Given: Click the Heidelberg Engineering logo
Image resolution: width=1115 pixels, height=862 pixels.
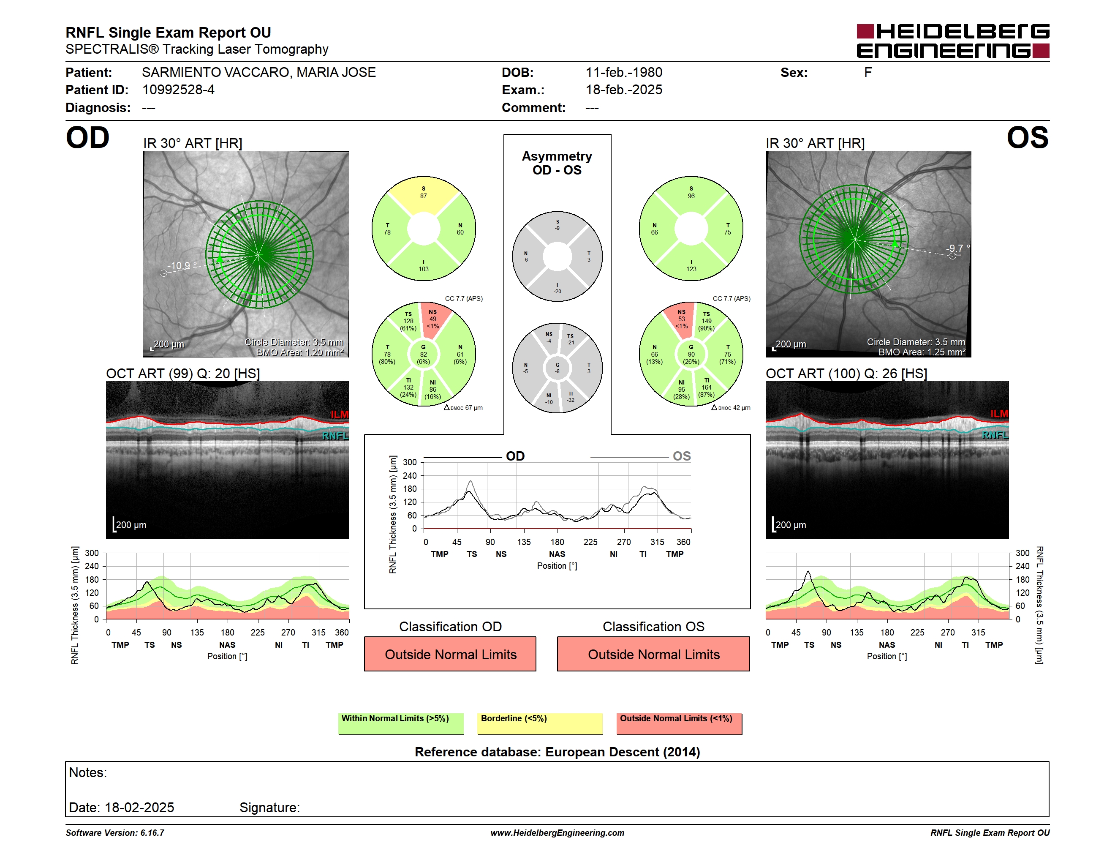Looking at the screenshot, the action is click(x=953, y=41).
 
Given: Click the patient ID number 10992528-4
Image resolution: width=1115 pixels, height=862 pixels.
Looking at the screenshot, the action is click(x=178, y=90).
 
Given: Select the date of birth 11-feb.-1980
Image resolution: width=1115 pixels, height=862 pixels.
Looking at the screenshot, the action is click(x=624, y=73).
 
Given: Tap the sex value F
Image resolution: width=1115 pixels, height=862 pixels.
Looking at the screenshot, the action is click(x=868, y=73).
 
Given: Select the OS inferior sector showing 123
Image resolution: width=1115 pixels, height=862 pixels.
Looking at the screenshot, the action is click(x=691, y=265).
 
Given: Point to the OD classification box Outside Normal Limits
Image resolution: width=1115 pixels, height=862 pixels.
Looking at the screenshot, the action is click(x=450, y=654).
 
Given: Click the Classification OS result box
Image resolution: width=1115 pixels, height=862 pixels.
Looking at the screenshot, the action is click(x=653, y=654).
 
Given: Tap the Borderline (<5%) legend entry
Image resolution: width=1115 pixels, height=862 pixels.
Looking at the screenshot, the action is click(x=540, y=723).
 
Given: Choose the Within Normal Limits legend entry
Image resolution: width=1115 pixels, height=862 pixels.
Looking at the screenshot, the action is click(x=401, y=723).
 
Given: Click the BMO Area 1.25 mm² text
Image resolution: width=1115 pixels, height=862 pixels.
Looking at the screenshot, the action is click(x=922, y=352).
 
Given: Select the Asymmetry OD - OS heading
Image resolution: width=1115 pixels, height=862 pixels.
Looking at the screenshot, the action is click(x=557, y=163).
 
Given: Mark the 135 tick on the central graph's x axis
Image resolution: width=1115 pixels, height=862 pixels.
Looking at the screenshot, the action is click(x=524, y=542).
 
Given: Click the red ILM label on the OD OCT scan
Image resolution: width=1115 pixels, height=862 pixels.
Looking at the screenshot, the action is click(x=340, y=414).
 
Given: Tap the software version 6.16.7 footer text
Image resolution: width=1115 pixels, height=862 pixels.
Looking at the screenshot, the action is click(x=115, y=833).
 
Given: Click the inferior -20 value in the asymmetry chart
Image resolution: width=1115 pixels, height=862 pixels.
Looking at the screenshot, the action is click(x=557, y=292).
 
